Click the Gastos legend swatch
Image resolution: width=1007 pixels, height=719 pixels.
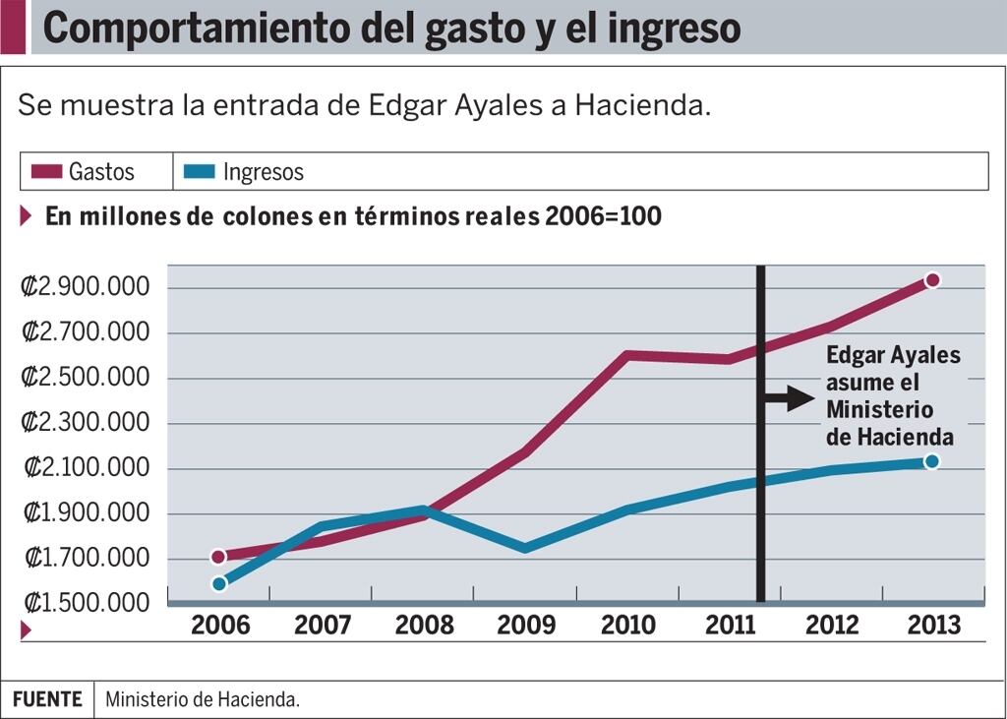46,172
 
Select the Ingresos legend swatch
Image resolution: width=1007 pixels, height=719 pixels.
201,172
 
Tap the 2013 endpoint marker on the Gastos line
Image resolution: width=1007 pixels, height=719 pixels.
931,280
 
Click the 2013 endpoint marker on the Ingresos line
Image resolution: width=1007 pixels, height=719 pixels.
931,461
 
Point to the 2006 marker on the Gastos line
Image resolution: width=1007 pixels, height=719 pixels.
218,557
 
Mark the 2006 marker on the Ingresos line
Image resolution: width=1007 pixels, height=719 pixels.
218,583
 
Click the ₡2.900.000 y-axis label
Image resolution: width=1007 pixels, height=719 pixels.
86,287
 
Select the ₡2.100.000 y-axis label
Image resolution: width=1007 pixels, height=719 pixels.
86,468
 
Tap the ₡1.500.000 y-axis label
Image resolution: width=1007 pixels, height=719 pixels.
86,602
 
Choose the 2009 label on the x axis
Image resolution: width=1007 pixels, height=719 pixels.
526,626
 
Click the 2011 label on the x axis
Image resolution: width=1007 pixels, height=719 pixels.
732,626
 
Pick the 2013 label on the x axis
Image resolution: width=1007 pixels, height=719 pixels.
933,626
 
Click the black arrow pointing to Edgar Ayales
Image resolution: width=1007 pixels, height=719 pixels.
790,398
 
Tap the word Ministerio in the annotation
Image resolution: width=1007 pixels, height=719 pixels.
879,409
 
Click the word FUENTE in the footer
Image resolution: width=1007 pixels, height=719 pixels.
47,699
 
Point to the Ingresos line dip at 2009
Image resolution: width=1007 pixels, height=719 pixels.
526,547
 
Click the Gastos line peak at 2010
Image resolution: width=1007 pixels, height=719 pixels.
627,355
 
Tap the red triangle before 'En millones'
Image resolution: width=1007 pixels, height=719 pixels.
27,216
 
